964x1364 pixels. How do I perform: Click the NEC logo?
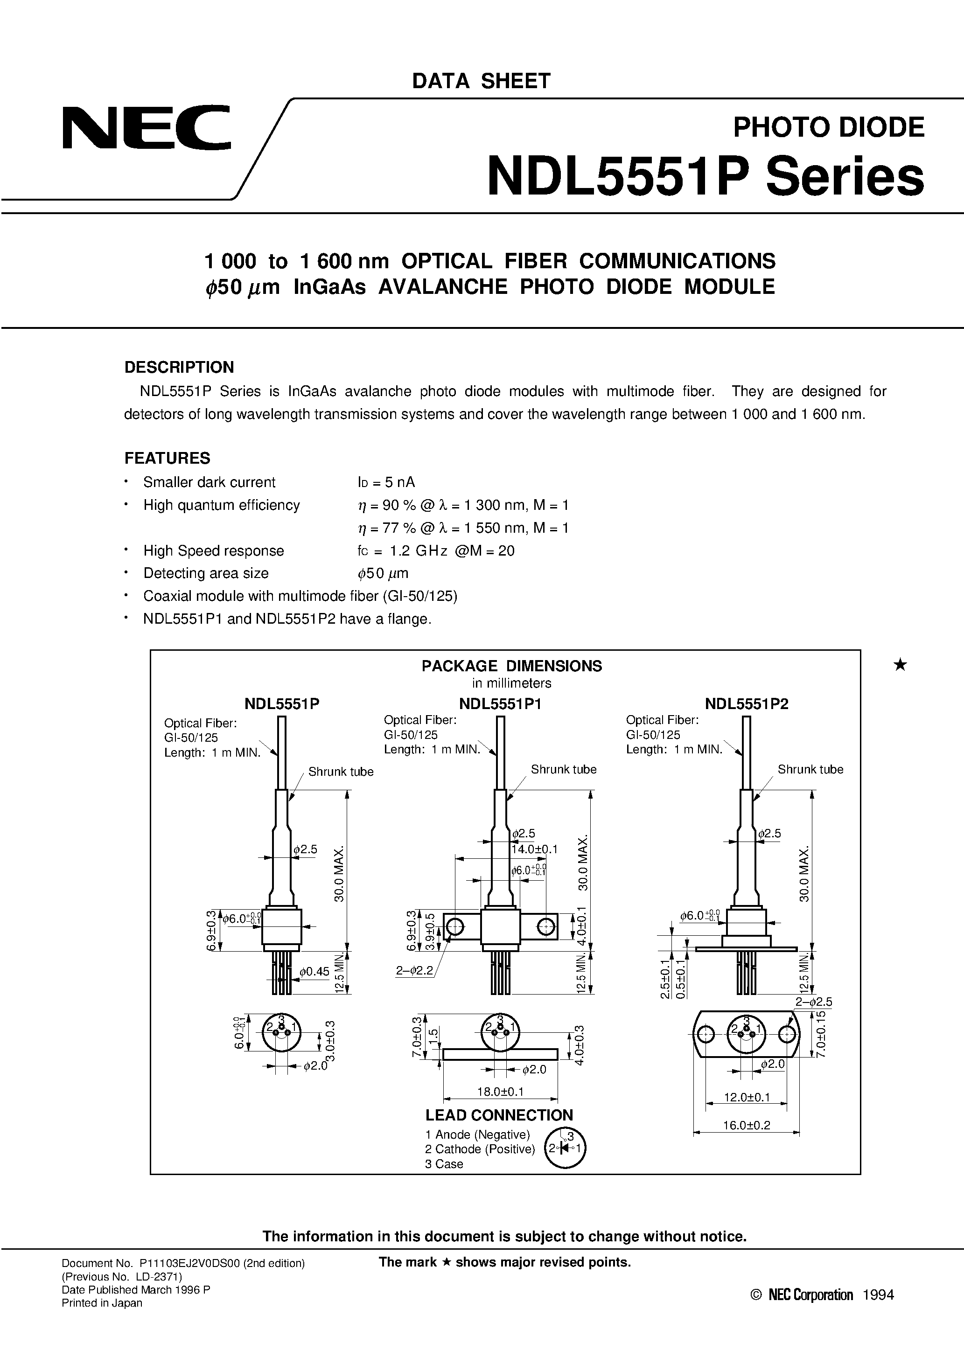pyautogui.click(x=146, y=127)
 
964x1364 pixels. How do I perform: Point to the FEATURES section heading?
pyautogui.click(x=167, y=458)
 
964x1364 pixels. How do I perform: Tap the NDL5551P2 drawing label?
pyautogui.click(x=746, y=704)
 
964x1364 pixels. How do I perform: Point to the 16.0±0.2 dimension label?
pyautogui.click(x=746, y=1125)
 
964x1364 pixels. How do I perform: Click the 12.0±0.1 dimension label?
pyautogui.click(x=746, y=1097)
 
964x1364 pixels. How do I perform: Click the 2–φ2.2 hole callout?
pyautogui.click(x=415, y=971)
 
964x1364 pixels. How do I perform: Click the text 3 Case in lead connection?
pyautogui.click(x=443, y=1164)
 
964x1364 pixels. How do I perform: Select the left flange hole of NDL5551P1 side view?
pyautogui.click(x=454, y=926)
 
